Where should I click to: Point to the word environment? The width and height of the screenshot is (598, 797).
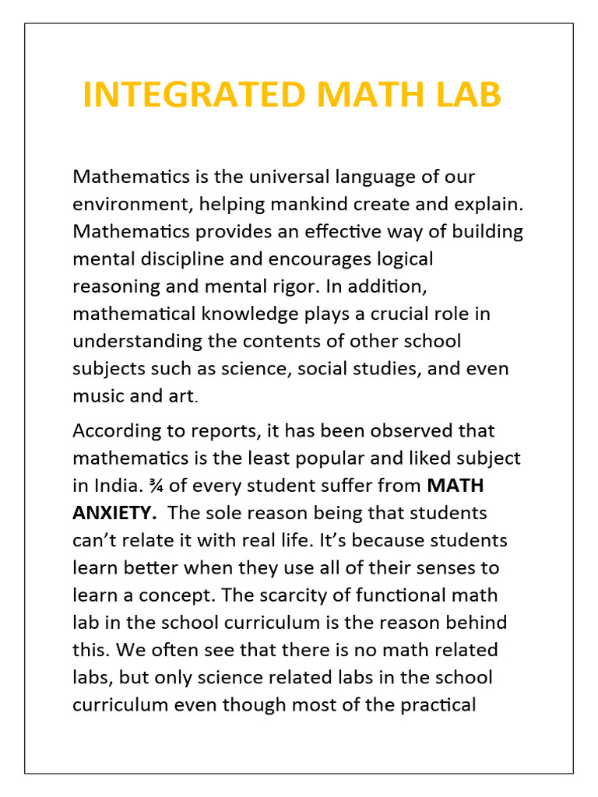coord(132,204)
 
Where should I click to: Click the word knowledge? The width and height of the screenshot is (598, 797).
coord(241,313)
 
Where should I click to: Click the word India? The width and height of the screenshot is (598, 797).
coord(117,486)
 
